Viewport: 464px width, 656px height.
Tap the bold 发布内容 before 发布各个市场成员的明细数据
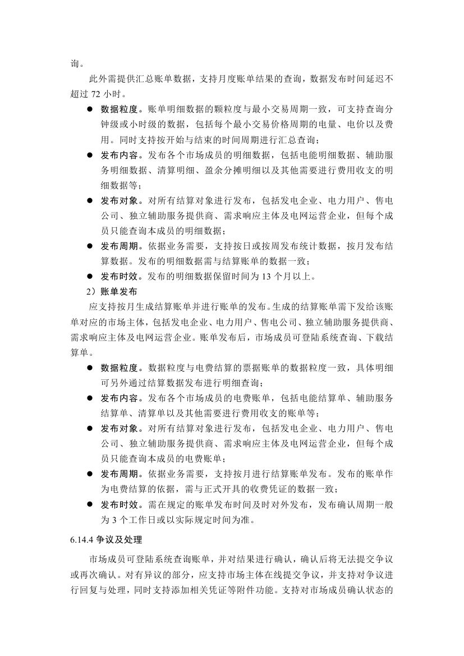(x=119, y=155)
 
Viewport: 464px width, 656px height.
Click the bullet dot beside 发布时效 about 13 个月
(x=90, y=276)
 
